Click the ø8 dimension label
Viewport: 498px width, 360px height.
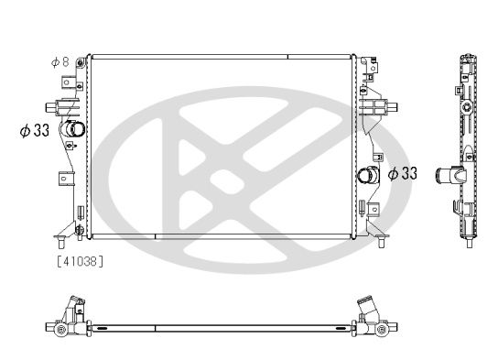pyautogui.click(x=60, y=61)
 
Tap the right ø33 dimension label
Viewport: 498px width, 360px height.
pyautogui.click(x=403, y=173)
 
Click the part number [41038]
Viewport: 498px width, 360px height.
pyautogui.click(x=81, y=262)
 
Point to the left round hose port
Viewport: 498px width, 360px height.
pyautogui.click(x=73, y=129)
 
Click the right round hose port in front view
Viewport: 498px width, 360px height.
pyautogui.click(x=367, y=174)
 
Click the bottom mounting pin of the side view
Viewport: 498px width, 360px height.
pyautogui.click(x=468, y=241)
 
